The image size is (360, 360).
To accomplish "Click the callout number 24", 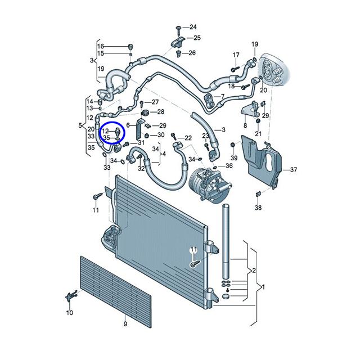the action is [193, 27].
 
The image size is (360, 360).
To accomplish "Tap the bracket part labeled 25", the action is [178, 42].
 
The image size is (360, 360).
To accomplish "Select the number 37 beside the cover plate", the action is [294, 170].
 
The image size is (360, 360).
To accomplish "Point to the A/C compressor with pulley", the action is [209, 184].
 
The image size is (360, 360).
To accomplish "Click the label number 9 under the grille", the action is [125, 324].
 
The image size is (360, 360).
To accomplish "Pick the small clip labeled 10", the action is [71, 296].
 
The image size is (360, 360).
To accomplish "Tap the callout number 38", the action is [258, 208].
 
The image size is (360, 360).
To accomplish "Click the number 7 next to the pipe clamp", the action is [222, 96].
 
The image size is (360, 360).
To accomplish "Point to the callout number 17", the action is [236, 55].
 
